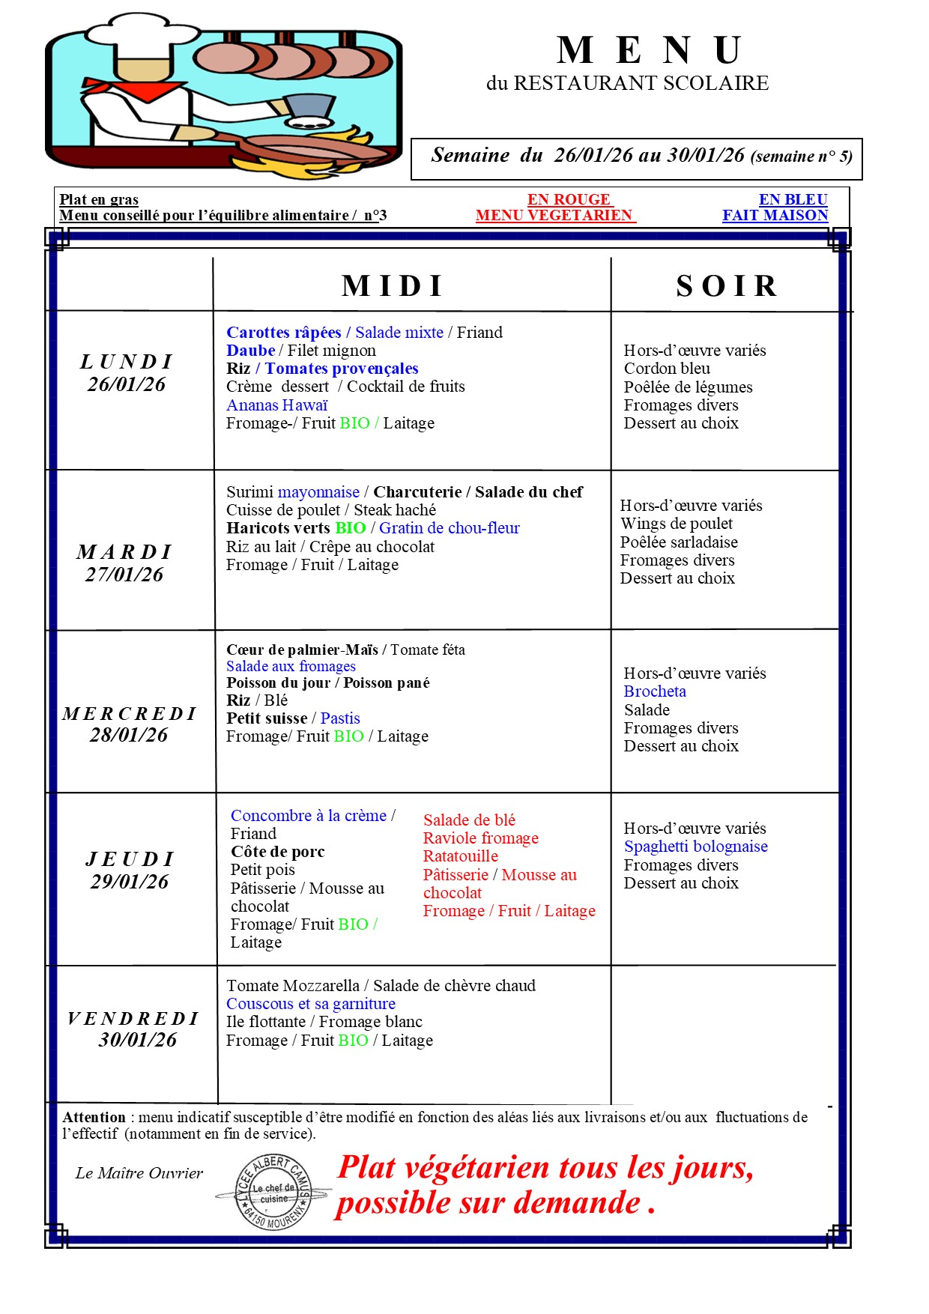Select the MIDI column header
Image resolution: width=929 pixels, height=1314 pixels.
[393, 286]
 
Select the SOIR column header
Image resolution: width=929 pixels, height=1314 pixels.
[727, 286]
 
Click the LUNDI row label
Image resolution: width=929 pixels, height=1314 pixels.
[127, 362]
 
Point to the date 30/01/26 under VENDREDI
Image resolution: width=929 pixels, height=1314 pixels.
[138, 1040]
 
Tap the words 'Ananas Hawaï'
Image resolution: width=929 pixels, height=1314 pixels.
[277, 405]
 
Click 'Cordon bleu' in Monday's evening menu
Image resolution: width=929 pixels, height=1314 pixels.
[667, 369]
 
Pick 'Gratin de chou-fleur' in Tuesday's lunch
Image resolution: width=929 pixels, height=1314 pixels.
[449, 528]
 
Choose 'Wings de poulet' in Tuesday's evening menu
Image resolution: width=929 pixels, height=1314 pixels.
[677, 524]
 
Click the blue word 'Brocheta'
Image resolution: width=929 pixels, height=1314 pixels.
[655, 691]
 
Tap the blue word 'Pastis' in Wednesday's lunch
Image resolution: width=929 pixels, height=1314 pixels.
[340, 718]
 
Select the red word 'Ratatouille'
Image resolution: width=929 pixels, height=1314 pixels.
[460, 856]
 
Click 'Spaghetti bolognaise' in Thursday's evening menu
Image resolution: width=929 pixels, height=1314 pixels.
[695, 847]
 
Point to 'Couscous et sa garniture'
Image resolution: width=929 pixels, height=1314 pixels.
[311, 1004]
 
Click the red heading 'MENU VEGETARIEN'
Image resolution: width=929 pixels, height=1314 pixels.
[554, 216]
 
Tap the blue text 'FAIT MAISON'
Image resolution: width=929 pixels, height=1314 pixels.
[775, 216]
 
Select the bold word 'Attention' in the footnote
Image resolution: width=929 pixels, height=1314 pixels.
[94, 1118]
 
